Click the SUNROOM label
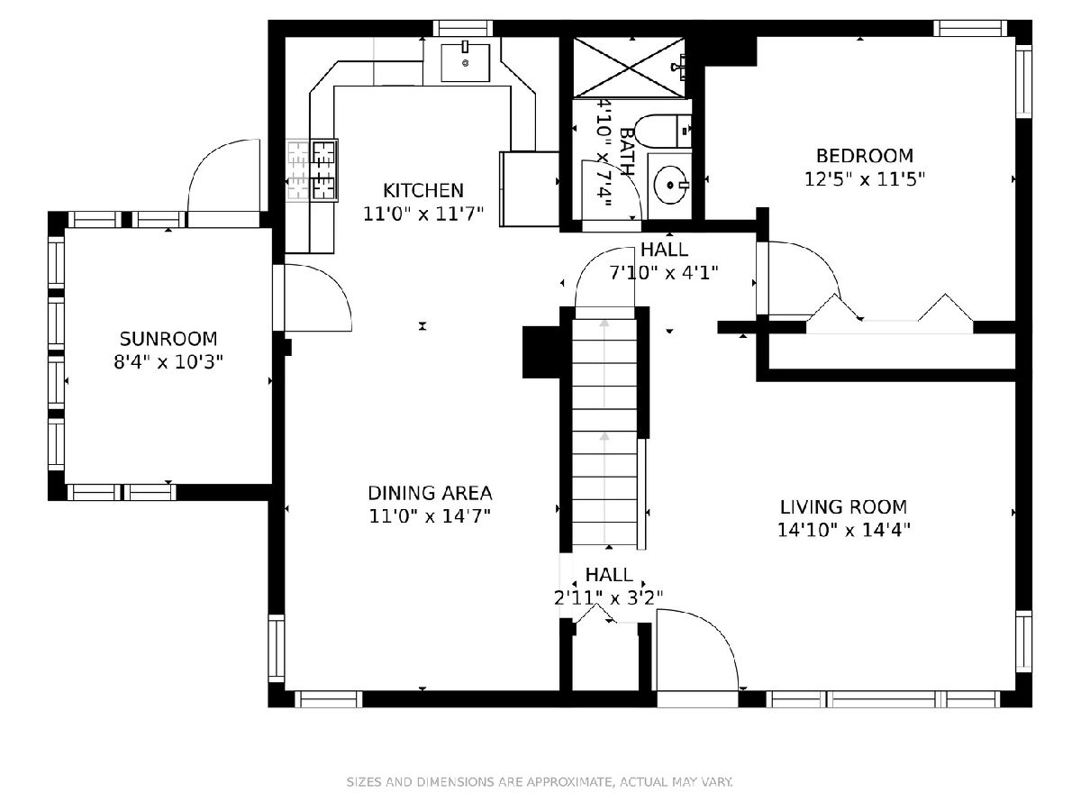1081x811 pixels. [x=168, y=339]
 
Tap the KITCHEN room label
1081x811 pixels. [x=423, y=190]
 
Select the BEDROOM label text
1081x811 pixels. [x=864, y=156]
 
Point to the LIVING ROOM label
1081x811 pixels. [x=843, y=506]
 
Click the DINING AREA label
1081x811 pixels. [x=430, y=493]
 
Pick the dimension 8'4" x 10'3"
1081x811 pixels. [x=168, y=362]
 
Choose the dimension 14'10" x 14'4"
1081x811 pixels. [x=843, y=531]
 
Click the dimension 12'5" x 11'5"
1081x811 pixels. [x=864, y=179]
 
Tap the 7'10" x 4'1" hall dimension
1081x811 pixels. [x=664, y=272]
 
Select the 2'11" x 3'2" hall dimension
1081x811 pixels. [x=608, y=597]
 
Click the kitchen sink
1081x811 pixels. [x=465, y=62]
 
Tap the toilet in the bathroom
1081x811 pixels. [x=662, y=131]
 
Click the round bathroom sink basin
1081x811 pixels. [x=670, y=185]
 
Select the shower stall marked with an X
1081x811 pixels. [x=629, y=68]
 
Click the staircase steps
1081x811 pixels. [x=604, y=432]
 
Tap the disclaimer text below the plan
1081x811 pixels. [x=540, y=781]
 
